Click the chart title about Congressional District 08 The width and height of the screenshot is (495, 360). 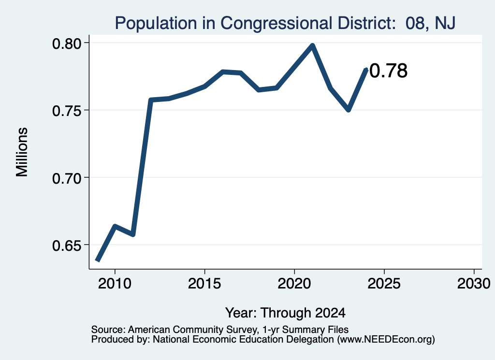(x=285, y=23)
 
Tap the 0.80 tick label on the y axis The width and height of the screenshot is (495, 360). (x=67, y=44)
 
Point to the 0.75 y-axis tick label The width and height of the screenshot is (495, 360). (x=67, y=111)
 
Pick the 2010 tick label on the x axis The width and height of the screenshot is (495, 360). (x=115, y=284)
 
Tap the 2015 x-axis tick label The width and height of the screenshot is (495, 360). (x=204, y=284)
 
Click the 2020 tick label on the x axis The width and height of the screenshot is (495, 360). (x=294, y=284)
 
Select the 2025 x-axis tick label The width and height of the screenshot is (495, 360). (x=384, y=284)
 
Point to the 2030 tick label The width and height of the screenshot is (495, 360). (x=474, y=284)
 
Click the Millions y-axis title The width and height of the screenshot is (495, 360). (x=22, y=152)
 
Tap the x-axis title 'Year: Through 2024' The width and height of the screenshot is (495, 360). (x=285, y=313)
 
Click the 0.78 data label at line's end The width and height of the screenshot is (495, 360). (x=388, y=71)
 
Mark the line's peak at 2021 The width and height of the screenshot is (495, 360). (x=313, y=46)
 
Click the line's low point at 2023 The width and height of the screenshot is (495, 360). (x=349, y=110)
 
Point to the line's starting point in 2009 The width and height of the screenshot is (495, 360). (x=98, y=260)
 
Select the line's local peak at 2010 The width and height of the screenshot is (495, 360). (x=115, y=226)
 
